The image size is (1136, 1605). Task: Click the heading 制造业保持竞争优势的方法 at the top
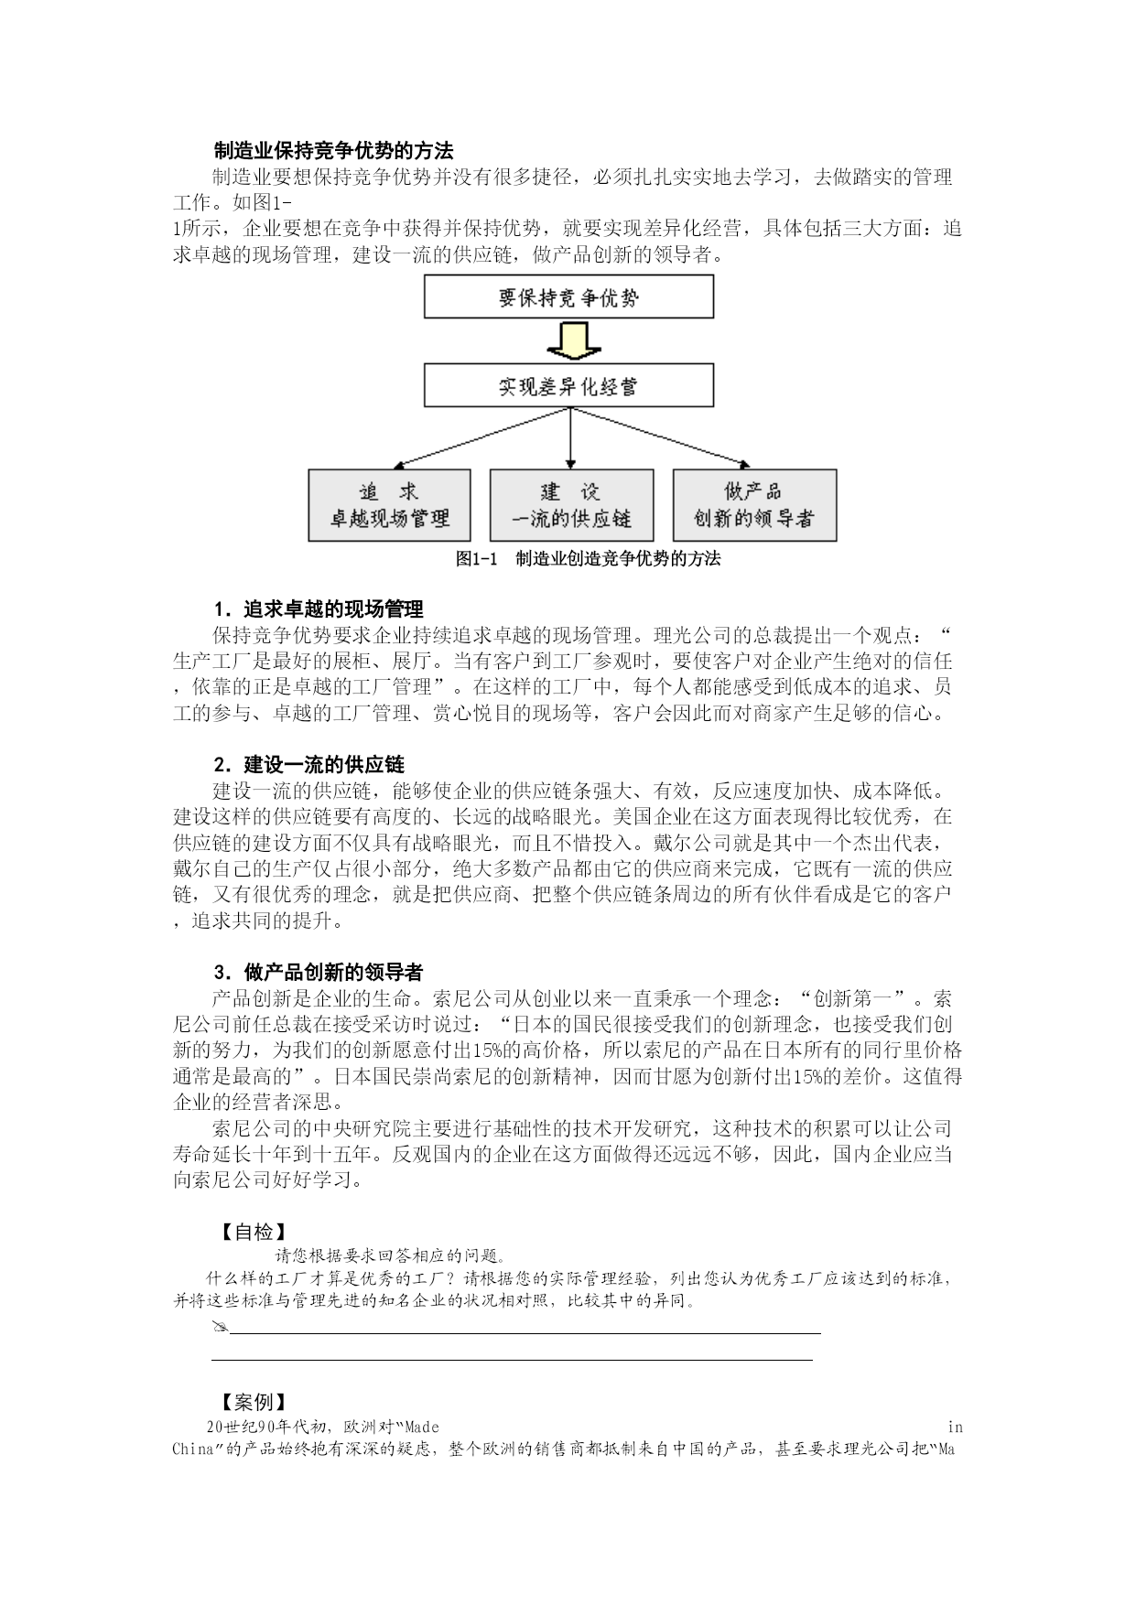coord(333,150)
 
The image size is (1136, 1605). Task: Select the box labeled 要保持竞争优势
coord(568,297)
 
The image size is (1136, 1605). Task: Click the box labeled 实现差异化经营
coord(568,386)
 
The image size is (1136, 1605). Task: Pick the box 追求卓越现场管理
coord(389,505)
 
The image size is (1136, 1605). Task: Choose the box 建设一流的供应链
coord(571,505)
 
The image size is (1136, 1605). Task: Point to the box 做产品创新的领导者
coord(754,505)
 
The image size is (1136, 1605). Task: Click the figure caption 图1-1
coord(475,559)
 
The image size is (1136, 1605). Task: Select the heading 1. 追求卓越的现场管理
coord(319,609)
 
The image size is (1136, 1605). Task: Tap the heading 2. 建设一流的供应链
coord(309,765)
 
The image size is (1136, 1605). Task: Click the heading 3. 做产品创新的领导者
coord(319,972)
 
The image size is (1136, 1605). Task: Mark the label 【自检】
coord(254,1233)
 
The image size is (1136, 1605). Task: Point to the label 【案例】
coord(254,1403)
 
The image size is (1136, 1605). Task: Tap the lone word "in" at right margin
coord(955,1427)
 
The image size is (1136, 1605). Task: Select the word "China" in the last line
coord(192,1449)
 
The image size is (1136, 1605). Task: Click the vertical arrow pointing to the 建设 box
coord(571,439)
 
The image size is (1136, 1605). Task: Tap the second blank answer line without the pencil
coord(513,1360)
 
